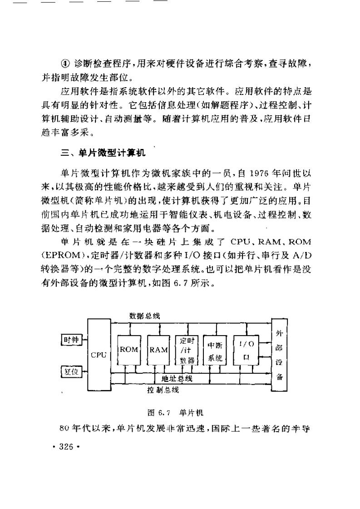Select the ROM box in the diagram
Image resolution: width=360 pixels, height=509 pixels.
(x=128, y=350)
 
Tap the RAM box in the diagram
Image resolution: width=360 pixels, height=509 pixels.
(x=158, y=350)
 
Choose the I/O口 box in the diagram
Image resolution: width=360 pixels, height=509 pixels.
(x=246, y=350)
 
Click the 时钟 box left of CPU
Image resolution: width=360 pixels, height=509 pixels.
(x=71, y=339)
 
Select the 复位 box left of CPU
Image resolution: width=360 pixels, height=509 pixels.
(x=70, y=372)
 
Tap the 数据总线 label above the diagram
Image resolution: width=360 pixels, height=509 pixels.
(x=144, y=316)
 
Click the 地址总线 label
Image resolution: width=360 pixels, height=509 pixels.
(x=177, y=378)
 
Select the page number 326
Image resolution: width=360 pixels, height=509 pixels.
(x=66, y=446)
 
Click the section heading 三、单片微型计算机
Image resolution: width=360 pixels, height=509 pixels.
(x=103, y=153)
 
